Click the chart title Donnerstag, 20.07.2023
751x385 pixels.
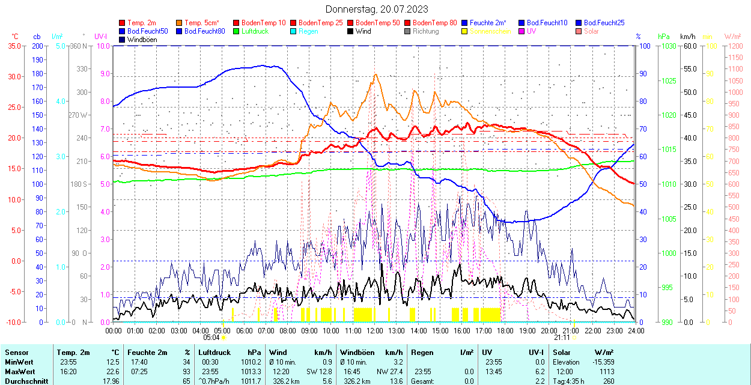tap(377, 9)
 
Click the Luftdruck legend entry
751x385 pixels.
tap(254, 31)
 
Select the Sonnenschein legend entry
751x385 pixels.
tap(490, 31)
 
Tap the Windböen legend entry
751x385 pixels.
tap(141, 40)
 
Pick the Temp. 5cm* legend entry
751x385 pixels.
tap(202, 23)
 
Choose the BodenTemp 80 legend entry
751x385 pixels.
tap(434, 23)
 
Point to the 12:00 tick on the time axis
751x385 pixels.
tap(375, 330)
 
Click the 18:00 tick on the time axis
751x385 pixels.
tap(505, 330)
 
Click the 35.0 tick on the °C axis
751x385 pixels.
tap(12, 46)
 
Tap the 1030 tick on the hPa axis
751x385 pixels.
tap(667, 46)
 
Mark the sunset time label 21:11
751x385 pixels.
tap(562, 338)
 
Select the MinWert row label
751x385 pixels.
tap(19, 362)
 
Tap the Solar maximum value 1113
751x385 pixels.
tap(606, 371)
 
